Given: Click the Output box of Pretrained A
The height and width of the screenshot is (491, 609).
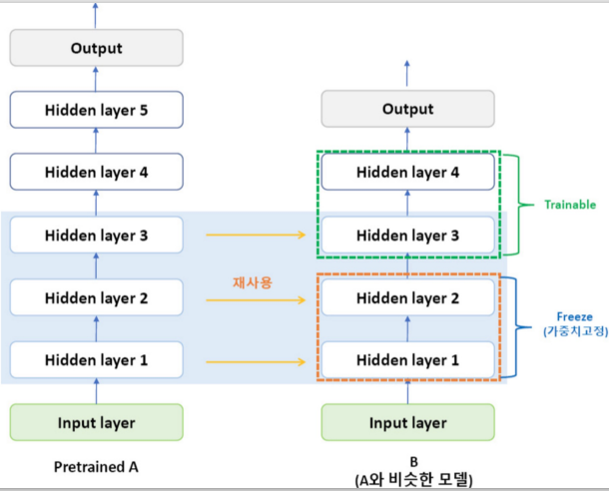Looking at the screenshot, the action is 96,48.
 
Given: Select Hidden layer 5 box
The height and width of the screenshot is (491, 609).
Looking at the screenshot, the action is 96,110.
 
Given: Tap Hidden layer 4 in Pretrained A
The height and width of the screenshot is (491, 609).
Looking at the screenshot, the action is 96,172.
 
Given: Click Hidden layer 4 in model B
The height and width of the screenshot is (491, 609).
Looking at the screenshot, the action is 407,172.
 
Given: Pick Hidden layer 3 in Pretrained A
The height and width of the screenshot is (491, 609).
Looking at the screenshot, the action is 96,235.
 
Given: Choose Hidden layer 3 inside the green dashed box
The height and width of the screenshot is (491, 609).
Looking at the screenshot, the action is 407,235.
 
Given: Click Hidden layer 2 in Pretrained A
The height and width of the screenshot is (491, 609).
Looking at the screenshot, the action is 96,297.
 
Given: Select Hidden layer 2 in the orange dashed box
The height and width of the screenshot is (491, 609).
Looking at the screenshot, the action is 407,297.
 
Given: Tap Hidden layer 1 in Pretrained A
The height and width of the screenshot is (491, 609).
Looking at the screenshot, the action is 96,360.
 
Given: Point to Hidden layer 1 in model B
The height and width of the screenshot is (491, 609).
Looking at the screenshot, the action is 407,360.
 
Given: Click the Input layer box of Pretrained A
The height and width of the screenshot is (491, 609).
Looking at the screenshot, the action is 96,422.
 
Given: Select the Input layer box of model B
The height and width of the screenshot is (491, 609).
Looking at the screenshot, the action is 407,422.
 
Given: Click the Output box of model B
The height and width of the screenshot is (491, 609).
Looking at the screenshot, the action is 407,109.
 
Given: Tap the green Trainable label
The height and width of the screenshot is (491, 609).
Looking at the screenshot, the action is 570,205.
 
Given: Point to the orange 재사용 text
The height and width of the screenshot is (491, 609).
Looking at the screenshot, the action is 253,282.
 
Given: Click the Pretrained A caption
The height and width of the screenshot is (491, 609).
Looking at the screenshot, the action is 96,466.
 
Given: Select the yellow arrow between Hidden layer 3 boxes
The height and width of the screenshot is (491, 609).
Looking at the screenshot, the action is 256,235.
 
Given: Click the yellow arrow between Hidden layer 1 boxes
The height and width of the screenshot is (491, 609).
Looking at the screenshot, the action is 256,362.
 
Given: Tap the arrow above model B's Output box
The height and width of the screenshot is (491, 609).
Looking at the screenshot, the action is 406,74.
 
